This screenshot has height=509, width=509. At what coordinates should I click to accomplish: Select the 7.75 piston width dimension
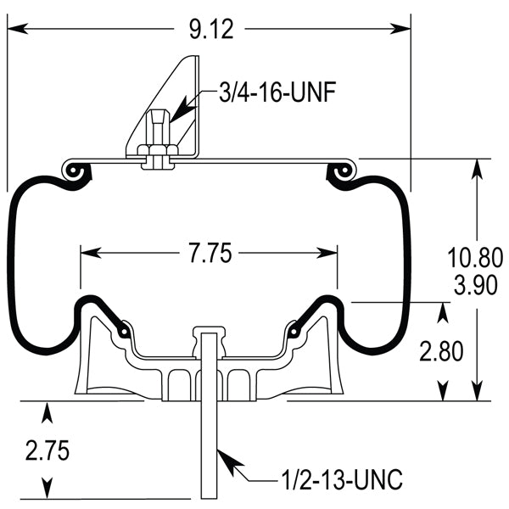pyautogui.click(x=208, y=253)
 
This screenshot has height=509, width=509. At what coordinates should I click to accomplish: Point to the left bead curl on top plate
pyautogui.click(x=76, y=171)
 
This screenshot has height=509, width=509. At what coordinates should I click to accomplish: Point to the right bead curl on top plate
pyautogui.click(x=344, y=171)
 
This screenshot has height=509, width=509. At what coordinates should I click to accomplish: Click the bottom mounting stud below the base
pyautogui.click(x=209, y=450)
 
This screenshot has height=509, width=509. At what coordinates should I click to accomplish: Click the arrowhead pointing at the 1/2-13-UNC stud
pyautogui.click(x=226, y=456)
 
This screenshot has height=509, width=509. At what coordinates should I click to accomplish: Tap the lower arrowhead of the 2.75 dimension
pyautogui.click(x=48, y=491)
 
